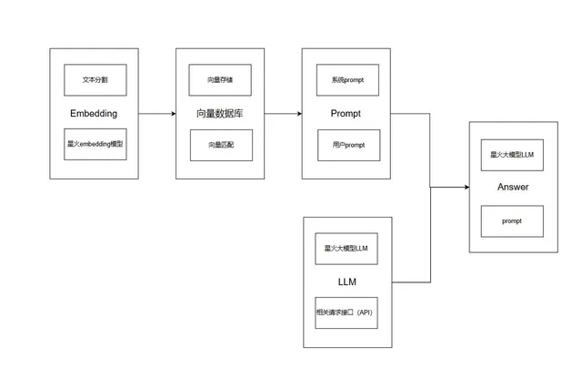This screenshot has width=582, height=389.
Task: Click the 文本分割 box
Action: pos(95,80)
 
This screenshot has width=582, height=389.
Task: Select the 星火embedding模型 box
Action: pos(95,144)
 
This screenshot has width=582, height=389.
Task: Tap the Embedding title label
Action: pos(94,114)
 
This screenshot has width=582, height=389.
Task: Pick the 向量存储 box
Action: pos(220,80)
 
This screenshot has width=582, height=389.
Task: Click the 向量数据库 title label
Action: pos(220,114)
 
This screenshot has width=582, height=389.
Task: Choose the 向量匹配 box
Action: pos(221,145)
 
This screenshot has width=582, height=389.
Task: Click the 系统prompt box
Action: pos(347,80)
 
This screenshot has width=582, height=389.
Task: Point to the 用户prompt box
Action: pos(349,145)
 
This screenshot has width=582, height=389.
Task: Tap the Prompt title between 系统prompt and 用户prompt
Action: pos(346,114)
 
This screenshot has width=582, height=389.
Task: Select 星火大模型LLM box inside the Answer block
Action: pos(512,155)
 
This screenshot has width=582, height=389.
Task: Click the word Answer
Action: pos(513,187)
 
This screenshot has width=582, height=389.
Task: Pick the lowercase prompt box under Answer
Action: pos(512,221)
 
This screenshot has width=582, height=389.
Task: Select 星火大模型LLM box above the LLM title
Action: pos(346,249)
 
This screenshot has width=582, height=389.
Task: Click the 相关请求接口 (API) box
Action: pos(346,312)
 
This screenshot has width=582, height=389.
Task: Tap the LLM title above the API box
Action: pos(347,282)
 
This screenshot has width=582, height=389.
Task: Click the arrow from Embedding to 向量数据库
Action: pos(157,114)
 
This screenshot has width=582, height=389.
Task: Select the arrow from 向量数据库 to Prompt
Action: pos(283,114)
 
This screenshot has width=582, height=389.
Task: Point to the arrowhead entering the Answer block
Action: pos(467,187)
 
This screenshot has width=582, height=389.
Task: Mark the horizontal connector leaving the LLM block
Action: pos(411,282)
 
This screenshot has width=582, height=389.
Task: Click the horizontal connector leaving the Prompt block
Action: pos(410,114)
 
